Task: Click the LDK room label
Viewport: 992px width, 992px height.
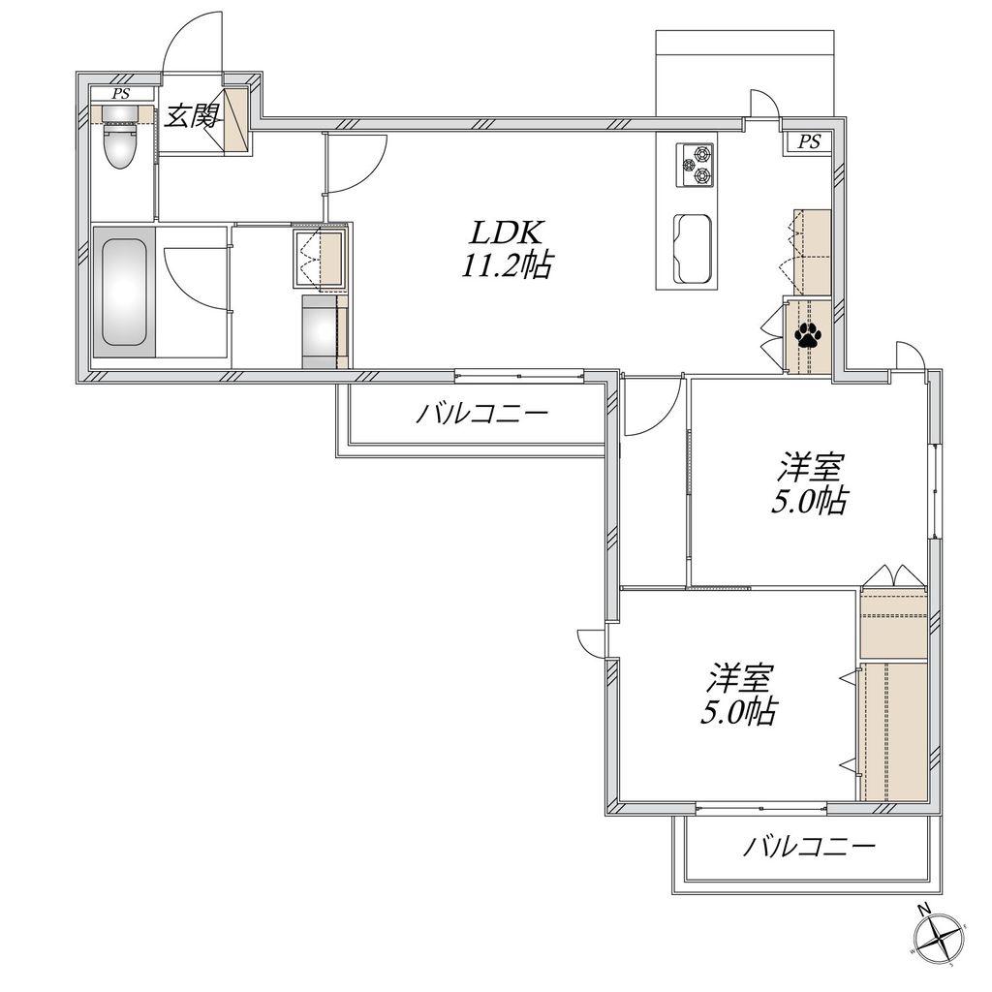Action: pos(505,233)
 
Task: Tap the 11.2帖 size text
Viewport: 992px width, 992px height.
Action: pos(506,265)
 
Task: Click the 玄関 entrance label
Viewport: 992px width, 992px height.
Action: pos(193,116)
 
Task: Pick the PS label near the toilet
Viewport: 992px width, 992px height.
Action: pos(121,94)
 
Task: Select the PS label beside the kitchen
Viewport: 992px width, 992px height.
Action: pos(808,141)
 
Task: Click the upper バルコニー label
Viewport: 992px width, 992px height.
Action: pos(481,415)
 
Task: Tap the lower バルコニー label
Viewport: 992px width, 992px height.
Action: pos(809,846)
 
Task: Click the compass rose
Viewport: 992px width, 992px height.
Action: pos(939,939)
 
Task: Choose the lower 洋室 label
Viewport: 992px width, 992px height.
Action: pos(737,679)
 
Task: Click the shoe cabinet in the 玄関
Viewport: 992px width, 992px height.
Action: pos(236,119)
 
